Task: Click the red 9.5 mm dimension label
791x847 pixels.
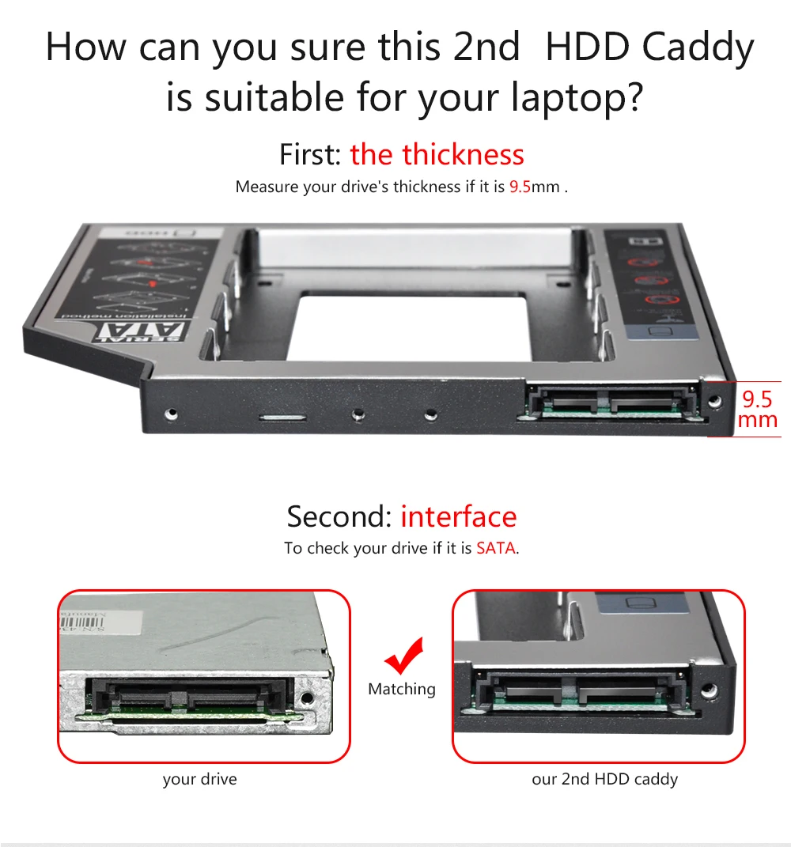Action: (757, 408)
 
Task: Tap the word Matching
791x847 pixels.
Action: (402, 689)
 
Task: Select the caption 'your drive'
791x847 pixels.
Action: (199, 779)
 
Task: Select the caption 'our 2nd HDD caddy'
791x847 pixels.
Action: (604, 779)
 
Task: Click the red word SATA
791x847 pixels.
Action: (496, 548)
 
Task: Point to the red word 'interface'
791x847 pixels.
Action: (458, 516)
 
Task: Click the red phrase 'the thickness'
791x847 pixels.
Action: (437, 154)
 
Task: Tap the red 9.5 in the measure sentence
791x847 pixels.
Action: (520, 187)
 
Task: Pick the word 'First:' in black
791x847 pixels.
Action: (311, 154)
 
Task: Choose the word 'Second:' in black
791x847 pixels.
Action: (339, 516)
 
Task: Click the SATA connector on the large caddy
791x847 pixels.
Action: (610, 400)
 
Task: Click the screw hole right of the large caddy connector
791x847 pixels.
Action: (715, 402)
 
